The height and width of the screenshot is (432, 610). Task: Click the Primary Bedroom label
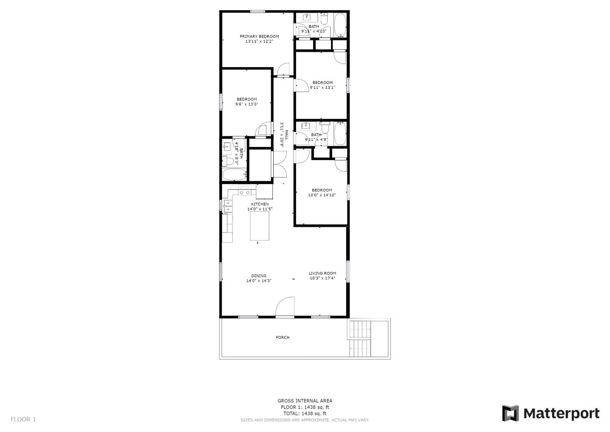click(x=259, y=36)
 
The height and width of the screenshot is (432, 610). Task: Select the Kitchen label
click(x=260, y=204)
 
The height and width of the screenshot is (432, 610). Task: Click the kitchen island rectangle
click(x=260, y=226)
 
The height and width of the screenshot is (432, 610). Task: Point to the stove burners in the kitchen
click(x=244, y=190)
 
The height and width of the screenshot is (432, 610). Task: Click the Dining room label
click(x=259, y=276)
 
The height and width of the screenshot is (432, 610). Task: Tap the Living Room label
click(x=322, y=273)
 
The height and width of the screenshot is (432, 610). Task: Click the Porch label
click(x=282, y=337)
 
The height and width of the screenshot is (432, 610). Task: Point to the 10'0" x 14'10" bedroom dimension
click(x=322, y=195)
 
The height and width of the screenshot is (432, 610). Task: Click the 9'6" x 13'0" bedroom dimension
click(x=247, y=104)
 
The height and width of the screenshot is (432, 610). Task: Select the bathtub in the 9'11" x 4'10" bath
click(x=340, y=25)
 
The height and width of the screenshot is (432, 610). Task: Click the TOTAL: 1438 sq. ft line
click(x=305, y=413)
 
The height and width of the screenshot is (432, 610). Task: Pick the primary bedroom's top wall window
click(x=257, y=11)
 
